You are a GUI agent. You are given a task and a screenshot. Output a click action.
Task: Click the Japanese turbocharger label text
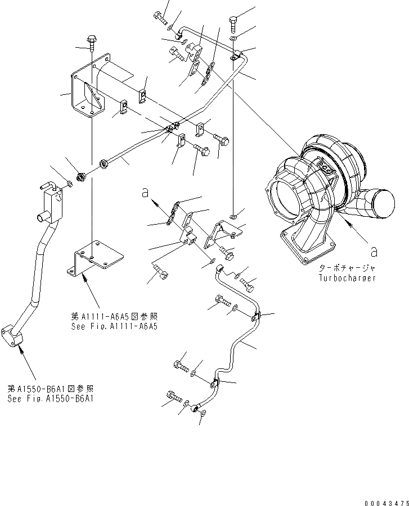[x=345, y=268]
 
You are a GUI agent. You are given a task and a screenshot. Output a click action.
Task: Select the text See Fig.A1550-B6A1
[x=50, y=399]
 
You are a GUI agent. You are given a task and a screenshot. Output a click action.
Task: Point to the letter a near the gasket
[x=145, y=193]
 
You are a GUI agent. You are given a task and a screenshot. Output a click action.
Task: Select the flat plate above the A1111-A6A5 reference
[x=97, y=256]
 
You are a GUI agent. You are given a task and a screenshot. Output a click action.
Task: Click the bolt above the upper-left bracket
[x=90, y=43]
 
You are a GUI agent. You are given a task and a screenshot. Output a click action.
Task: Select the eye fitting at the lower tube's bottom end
[x=197, y=408]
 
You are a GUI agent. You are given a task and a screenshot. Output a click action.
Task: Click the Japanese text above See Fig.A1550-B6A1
[x=50, y=389]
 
